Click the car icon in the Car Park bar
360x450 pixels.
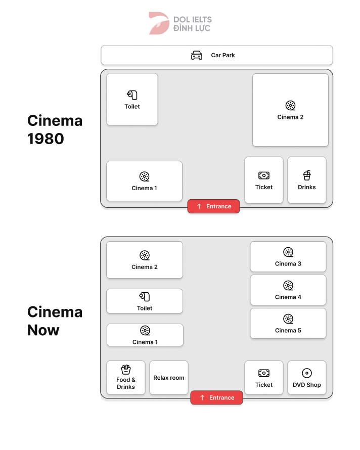point(197,55)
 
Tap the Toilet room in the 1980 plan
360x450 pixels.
point(132,100)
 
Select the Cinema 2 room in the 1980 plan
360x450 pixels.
point(290,110)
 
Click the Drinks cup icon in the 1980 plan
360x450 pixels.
point(307,175)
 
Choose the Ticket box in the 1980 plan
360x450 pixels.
point(264,181)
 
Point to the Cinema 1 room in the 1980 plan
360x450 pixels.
point(144,181)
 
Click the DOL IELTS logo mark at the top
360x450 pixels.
point(159,23)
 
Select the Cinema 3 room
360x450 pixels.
point(288,257)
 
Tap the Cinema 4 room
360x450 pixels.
point(288,290)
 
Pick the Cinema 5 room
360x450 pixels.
point(288,324)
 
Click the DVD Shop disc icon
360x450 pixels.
point(307,373)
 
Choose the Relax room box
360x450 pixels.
point(169,378)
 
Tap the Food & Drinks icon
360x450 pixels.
point(126,370)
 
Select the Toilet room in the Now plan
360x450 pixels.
point(145,301)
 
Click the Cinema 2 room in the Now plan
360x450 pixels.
point(145,260)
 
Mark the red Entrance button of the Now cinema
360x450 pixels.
point(216,397)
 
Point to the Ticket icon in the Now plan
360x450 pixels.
point(264,373)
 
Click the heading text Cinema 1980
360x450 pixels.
point(55,129)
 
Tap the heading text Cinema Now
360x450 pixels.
point(55,321)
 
